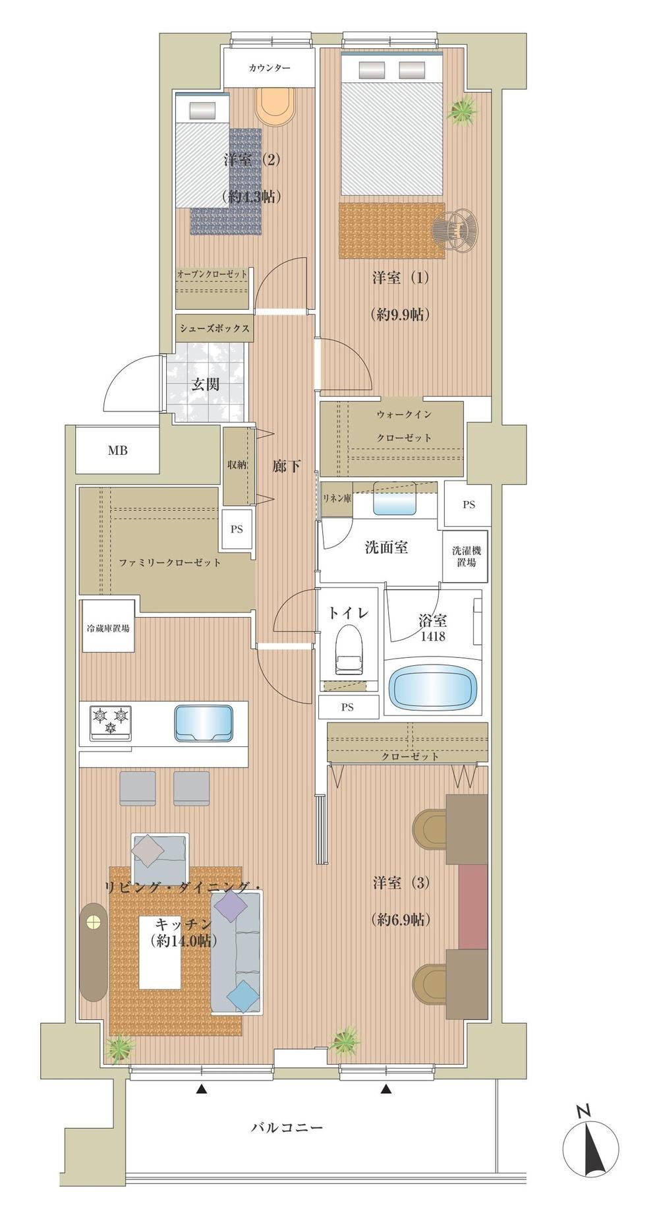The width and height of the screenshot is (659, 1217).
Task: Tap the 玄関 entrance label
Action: coord(206,384)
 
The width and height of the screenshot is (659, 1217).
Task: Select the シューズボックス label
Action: coord(214,328)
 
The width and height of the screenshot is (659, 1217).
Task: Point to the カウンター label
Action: coord(270,68)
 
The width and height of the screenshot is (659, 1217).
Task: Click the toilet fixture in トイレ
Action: coord(349,650)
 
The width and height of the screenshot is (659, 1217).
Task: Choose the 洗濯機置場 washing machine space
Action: coord(465,557)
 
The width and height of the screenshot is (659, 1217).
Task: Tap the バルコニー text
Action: coord(287,1127)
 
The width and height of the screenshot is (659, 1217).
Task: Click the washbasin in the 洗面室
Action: coord(394,499)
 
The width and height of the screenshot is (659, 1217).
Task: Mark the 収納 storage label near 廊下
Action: coord(237,464)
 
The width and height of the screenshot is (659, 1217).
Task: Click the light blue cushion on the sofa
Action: coord(242,996)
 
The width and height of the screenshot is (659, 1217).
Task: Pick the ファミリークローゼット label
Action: coord(169,562)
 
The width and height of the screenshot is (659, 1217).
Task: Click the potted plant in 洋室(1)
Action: coord(462,109)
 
